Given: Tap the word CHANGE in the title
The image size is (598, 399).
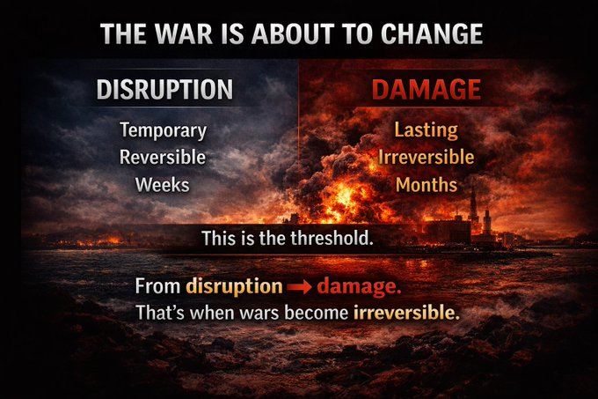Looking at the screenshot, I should tap(432, 34).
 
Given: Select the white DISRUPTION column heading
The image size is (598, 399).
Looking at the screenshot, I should tap(164, 90).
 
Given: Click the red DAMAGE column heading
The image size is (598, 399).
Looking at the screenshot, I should tap(427, 90).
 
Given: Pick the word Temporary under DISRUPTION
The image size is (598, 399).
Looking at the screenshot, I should tap(164, 130).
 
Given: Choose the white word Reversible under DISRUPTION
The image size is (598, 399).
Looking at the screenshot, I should tap(164, 158).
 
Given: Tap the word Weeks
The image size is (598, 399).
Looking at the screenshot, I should tap(164, 185).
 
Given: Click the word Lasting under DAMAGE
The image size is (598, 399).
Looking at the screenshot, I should tap(427, 130).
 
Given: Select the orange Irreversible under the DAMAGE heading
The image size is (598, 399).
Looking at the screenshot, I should tap(427, 158).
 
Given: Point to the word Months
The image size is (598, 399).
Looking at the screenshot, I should tap(427, 185).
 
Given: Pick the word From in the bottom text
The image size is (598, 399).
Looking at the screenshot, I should tap(158, 286).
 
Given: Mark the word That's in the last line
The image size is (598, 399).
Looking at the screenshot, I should tap(161, 313).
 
